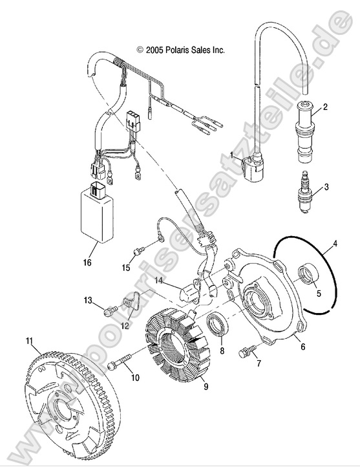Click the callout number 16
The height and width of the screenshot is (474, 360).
pos(87,263)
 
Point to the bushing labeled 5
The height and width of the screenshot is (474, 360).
pos(308,274)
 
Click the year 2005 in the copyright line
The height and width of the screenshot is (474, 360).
pos(153,50)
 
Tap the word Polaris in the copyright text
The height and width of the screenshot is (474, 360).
pos(175,50)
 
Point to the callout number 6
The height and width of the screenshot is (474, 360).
pos(302,346)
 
